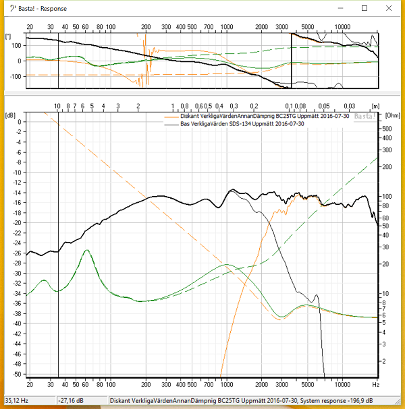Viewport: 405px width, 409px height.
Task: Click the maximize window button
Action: (365, 8)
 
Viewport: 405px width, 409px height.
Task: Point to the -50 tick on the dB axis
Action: (18, 375)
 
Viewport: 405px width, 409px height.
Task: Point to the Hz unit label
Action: (375, 384)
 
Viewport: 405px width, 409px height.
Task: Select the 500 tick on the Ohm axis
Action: (387, 128)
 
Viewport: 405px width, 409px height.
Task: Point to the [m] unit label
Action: (375, 106)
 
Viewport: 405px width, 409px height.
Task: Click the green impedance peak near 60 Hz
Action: (86, 250)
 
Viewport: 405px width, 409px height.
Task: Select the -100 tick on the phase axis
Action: (15, 75)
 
